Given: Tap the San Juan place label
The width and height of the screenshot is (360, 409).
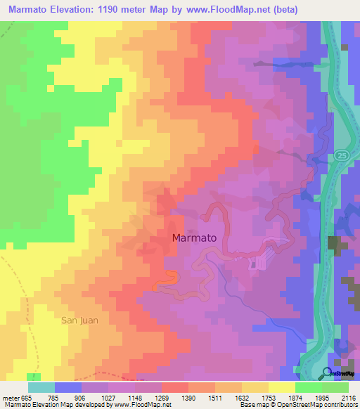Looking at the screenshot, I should pos(79,320).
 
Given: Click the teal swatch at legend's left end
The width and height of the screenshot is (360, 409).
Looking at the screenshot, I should pos(41,387).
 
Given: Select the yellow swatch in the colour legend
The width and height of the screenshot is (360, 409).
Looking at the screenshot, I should pos(281,387).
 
